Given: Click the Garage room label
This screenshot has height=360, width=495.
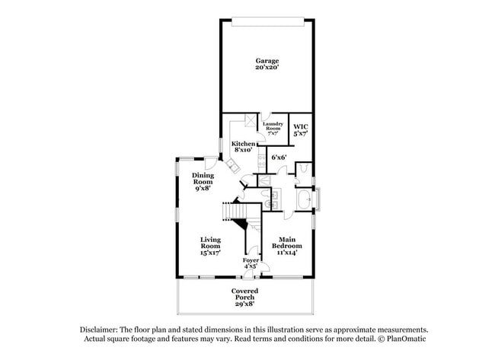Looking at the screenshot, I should coord(267,61).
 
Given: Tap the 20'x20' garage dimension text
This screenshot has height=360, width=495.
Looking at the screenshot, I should coord(267,68).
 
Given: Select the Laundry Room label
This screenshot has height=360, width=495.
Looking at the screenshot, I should coord(273,125).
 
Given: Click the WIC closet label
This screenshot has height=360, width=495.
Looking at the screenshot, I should coord(301,126).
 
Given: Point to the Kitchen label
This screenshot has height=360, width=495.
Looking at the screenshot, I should coord(244,143).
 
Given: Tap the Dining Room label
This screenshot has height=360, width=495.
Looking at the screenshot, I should coord(203,180).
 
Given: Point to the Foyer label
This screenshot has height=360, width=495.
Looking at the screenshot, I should coord(251,261).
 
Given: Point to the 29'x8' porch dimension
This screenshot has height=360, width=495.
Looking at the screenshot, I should coord(244,303).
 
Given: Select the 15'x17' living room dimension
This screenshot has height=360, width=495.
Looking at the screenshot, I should coord(210,252).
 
